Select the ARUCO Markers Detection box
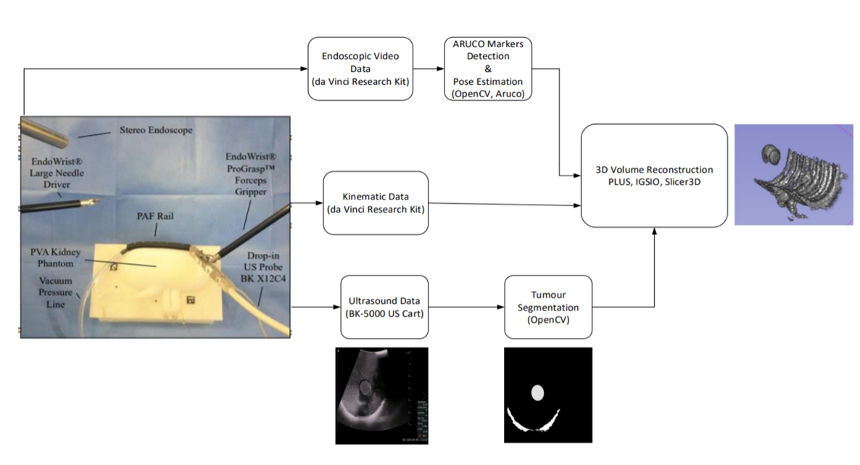click(487, 69)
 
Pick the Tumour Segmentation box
click(548, 307)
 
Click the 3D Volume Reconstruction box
click(654, 175)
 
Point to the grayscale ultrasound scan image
click(381, 395)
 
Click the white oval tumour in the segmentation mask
click(538, 392)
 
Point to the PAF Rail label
click(150, 215)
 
